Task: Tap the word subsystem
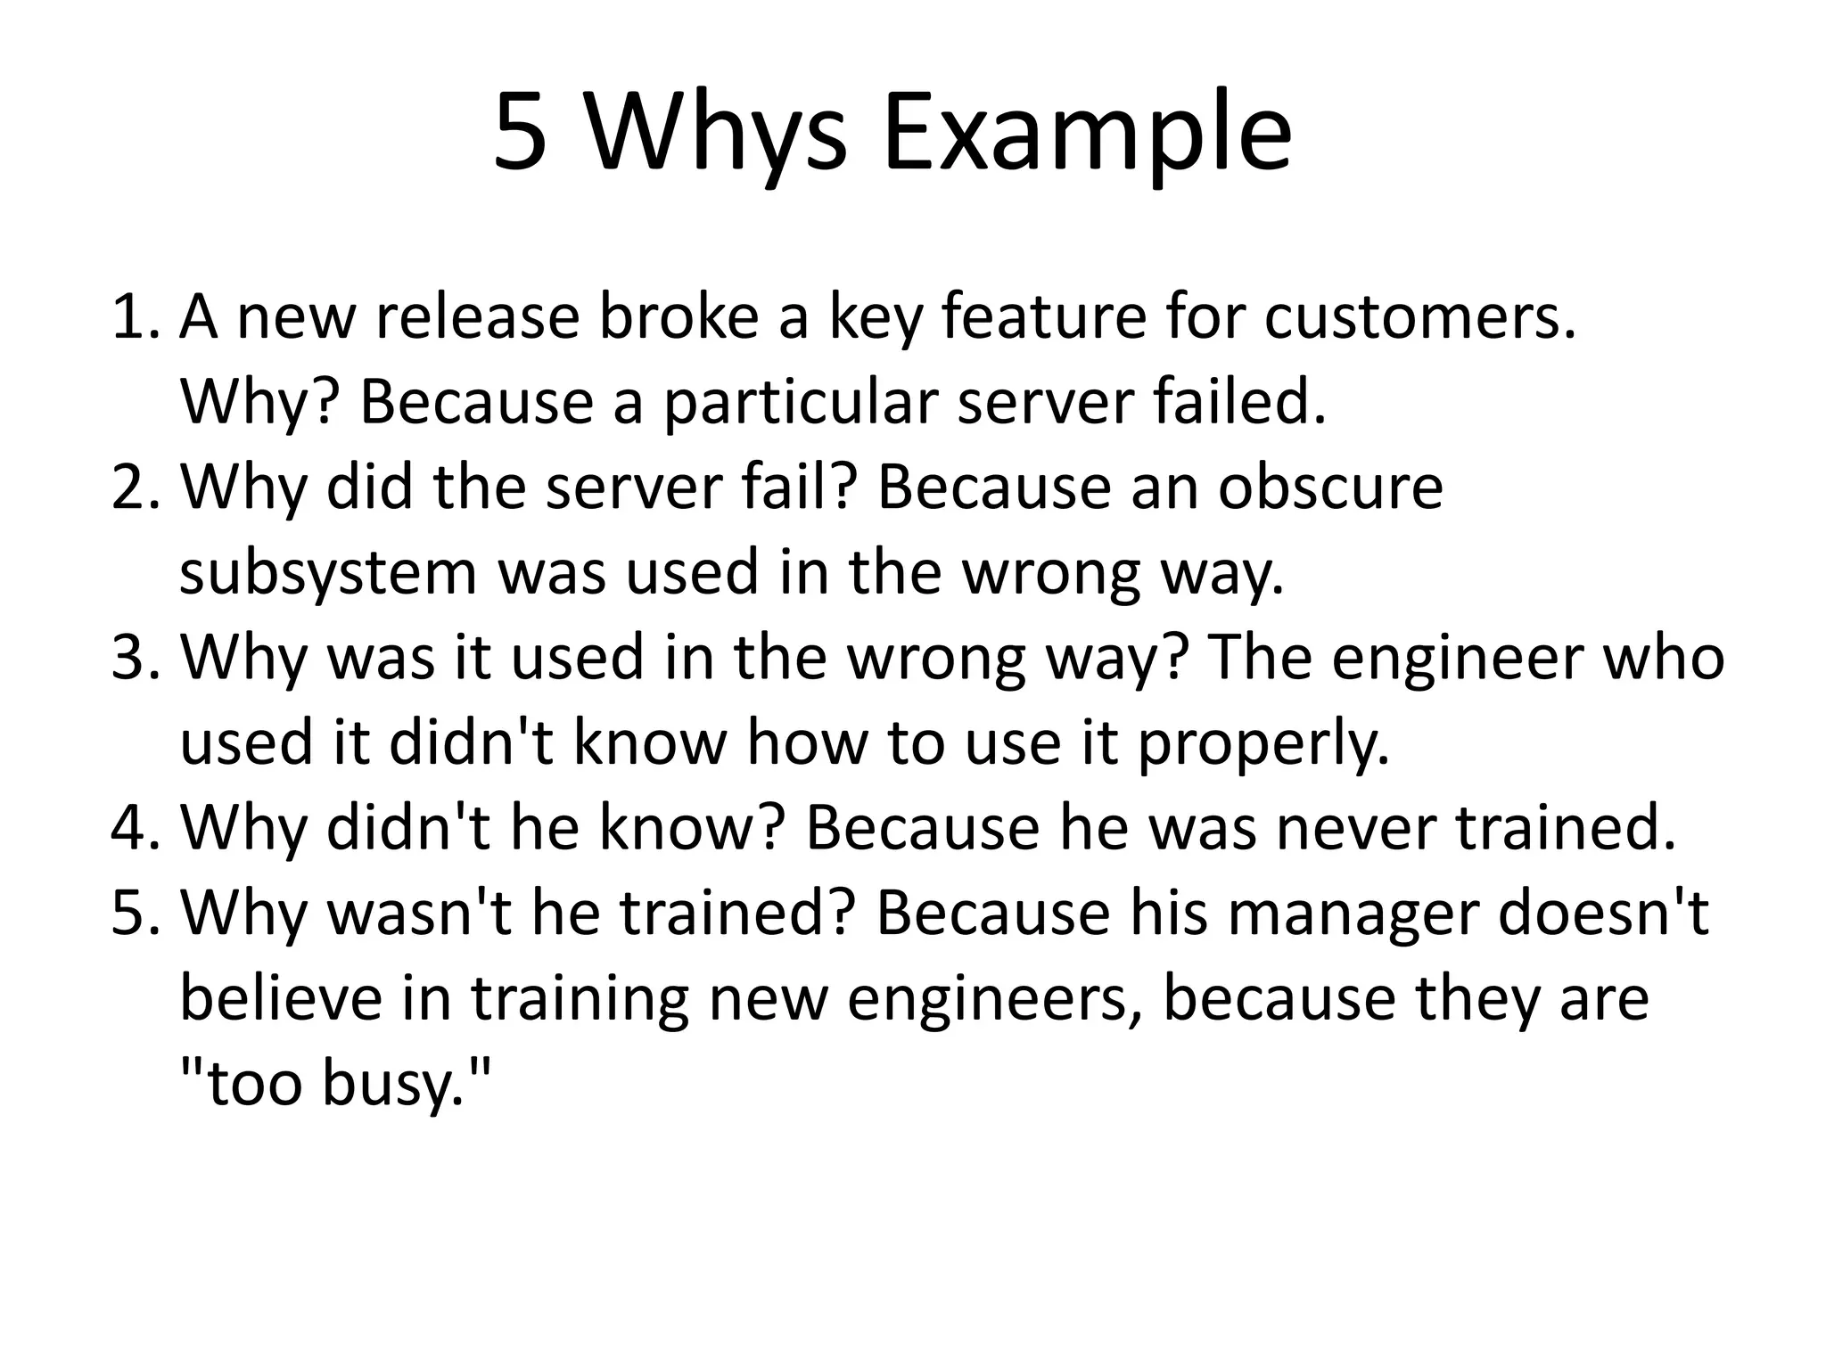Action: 328,573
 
